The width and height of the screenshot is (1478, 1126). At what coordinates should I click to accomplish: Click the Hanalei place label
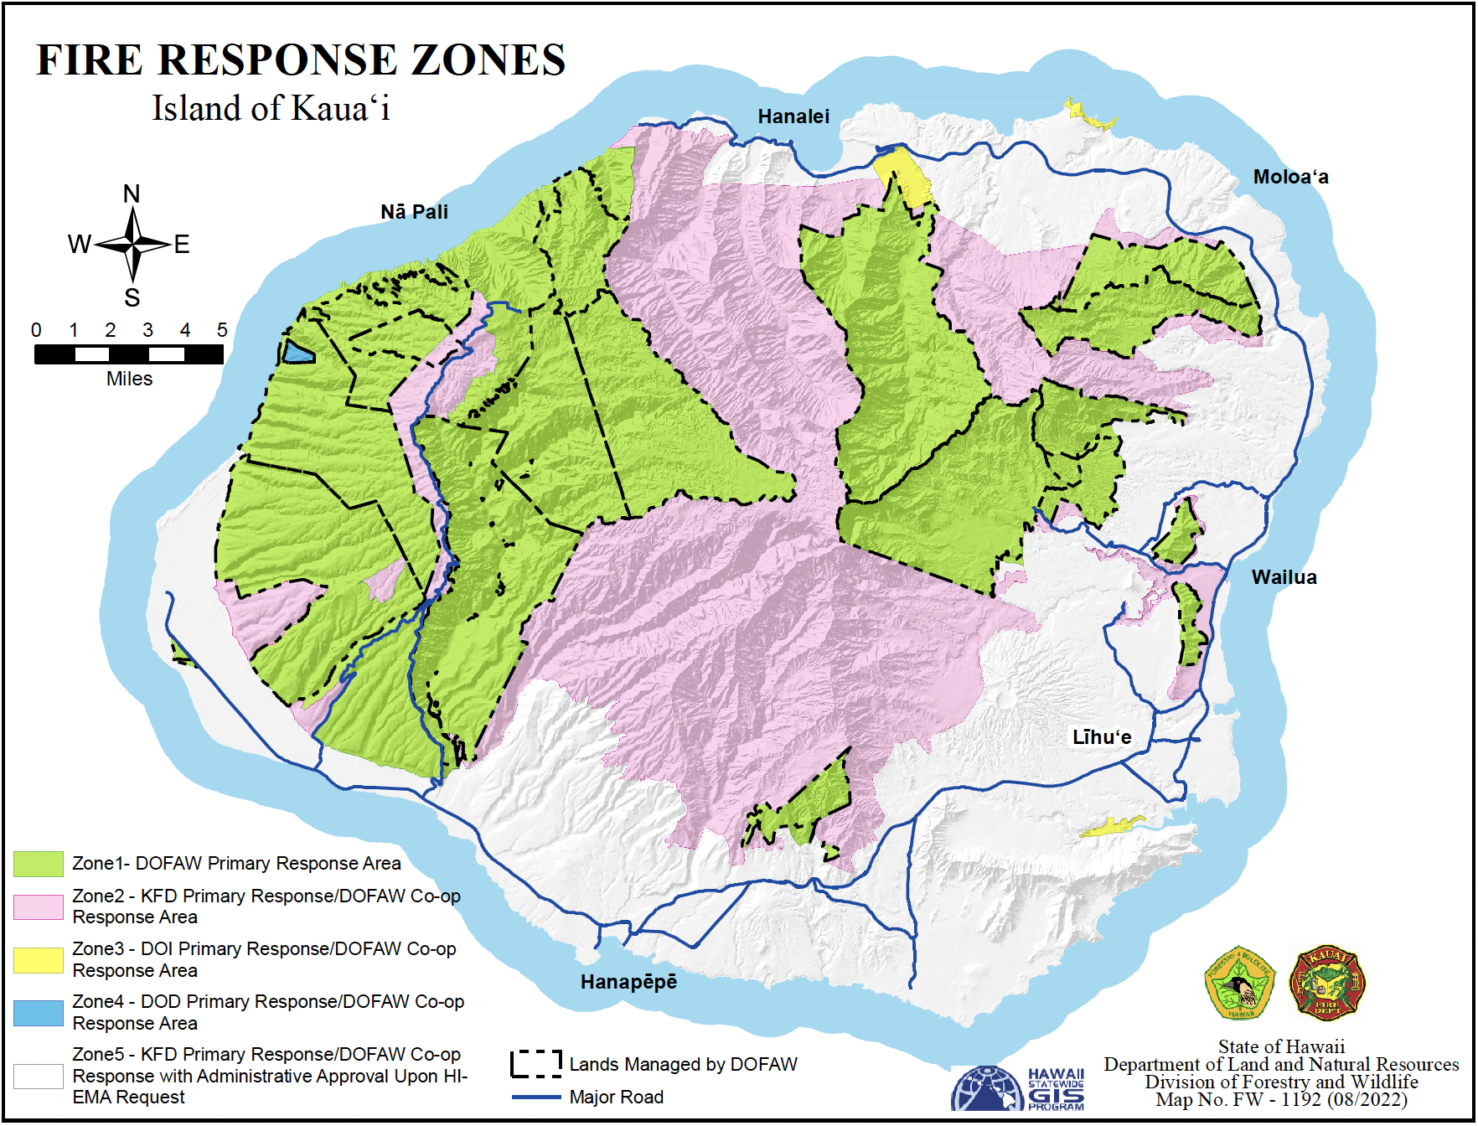pos(793,116)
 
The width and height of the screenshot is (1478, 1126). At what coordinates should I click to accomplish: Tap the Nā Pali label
pos(414,212)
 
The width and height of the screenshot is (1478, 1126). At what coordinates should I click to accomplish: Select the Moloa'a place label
pos(1290,177)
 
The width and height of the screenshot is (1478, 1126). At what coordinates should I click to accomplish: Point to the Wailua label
pos(1284,577)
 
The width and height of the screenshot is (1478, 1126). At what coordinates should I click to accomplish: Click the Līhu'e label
pos(1101,737)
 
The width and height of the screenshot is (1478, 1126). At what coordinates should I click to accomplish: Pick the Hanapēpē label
pos(628,982)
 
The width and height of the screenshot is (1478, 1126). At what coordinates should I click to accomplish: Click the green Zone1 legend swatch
pos(39,864)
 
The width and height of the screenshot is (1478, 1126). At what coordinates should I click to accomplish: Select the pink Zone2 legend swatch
pos(39,906)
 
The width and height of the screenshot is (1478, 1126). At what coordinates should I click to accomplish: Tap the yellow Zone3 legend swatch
pos(39,960)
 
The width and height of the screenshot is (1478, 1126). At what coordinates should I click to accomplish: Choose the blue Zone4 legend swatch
pos(39,1013)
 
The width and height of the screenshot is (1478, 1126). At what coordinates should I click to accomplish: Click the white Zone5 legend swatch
pos(39,1076)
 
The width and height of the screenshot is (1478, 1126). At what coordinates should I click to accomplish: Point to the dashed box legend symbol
pos(536,1064)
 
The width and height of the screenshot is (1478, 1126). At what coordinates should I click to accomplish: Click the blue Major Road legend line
pos(536,1097)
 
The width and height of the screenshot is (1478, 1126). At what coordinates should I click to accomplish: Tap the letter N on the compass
pos(132,194)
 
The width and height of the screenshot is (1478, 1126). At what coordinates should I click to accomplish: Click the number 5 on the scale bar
pos(222,330)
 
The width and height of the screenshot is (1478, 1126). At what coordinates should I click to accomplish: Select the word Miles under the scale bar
pos(129,379)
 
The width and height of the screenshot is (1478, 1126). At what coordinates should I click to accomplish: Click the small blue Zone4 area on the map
pos(297,353)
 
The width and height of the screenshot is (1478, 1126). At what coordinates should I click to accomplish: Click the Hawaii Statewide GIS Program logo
pos(1018,1088)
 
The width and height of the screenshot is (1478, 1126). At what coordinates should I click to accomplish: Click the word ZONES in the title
pos(488,60)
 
